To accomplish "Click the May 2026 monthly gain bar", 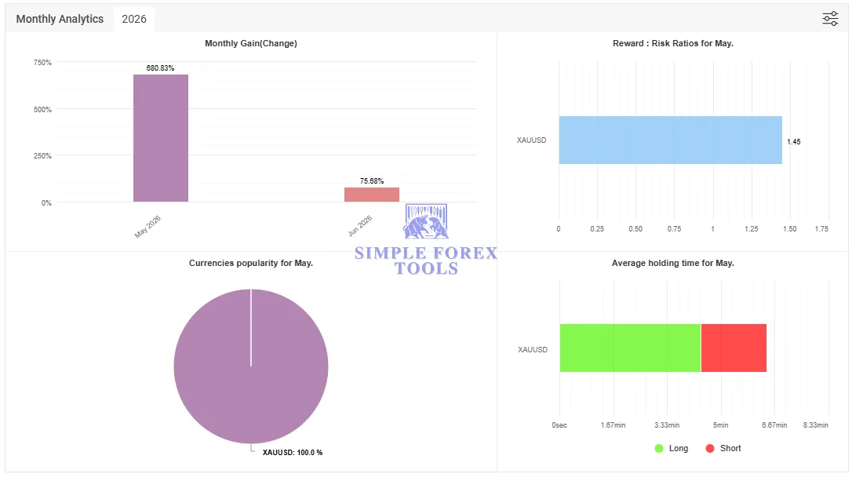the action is point(161,138).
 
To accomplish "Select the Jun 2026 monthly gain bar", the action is point(372,195).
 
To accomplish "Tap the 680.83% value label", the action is point(160,68).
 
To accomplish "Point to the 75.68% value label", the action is point(372,181).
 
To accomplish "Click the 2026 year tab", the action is point(134,19).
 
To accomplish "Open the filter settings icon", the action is point(830,19).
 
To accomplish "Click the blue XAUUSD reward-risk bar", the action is point(671,140).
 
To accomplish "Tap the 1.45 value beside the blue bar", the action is point(793,142).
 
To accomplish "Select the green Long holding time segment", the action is point(630,348).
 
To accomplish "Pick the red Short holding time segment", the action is point(734,348).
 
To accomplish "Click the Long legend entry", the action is point(672,448).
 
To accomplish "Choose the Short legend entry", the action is point(723,448).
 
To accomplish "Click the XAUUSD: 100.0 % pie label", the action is point(293,452).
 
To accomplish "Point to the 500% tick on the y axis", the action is point(42,109).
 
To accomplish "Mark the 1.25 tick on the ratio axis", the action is point(751,229).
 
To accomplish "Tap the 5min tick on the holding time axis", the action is point(720,425).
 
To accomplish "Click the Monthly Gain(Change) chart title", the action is point(251,43).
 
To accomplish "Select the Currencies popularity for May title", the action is point(251,263).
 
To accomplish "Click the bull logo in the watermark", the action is point(426,222).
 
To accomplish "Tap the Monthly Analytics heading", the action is point(60,19).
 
